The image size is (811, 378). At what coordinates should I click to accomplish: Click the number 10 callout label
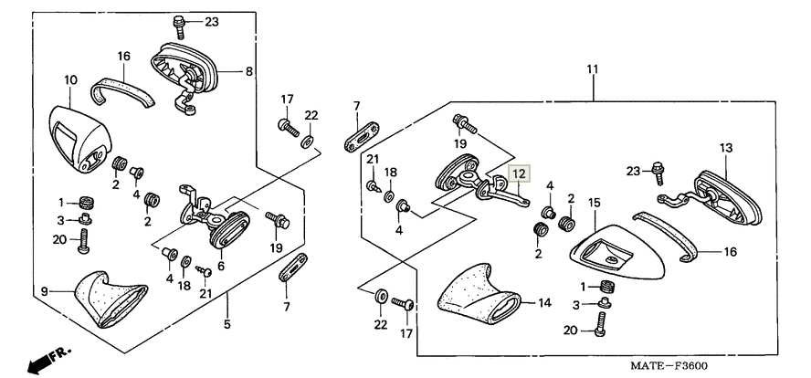70,80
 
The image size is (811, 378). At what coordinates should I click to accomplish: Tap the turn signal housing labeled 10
78,137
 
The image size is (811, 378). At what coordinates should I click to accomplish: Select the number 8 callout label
248,70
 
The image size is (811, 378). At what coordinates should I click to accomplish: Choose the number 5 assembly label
227,323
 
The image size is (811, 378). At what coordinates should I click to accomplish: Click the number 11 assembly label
593,69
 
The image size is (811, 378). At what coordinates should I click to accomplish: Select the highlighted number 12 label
519,172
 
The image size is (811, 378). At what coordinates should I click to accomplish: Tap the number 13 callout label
726,147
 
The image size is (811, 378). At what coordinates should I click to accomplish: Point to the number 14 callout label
544,302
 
